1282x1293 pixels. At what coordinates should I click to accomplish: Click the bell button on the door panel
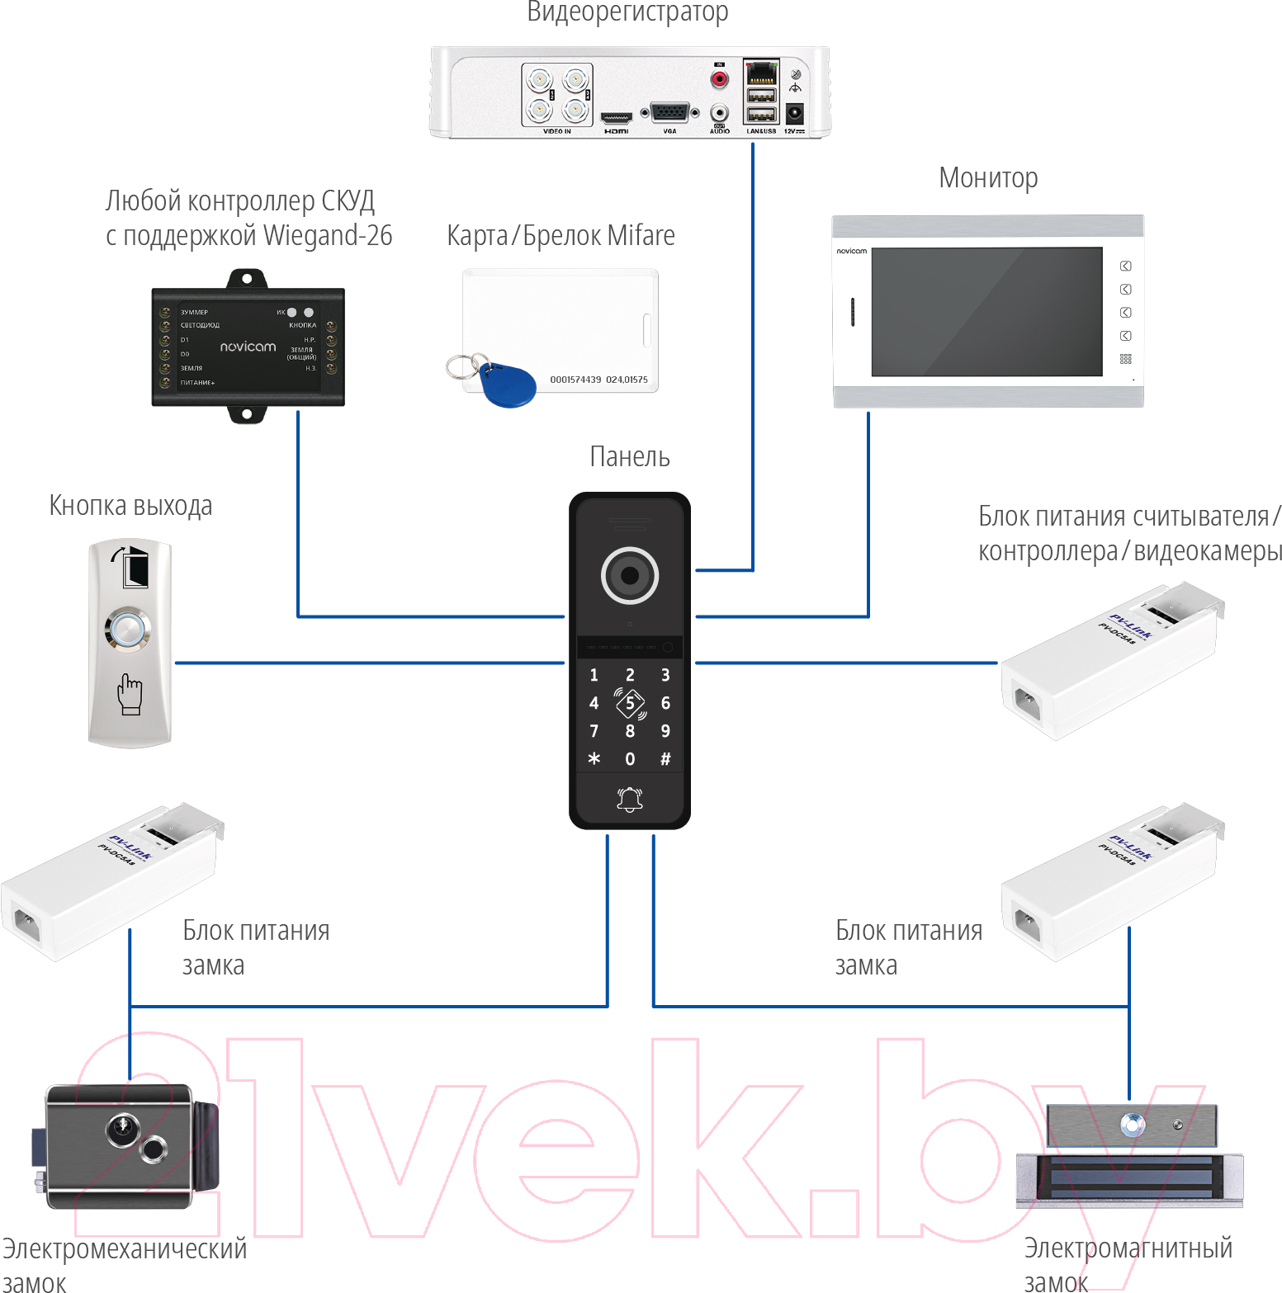630,799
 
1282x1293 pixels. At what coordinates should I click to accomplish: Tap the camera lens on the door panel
630,575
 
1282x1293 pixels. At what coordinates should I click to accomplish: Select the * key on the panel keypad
594,758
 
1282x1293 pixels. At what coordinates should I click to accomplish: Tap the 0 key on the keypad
630,759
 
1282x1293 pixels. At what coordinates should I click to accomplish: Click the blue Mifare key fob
506,384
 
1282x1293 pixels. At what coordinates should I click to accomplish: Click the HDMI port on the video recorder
616,118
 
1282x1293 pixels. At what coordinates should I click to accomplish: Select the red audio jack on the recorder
720,80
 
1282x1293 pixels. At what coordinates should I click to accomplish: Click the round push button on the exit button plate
128,630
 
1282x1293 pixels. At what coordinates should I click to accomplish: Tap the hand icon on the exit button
130,693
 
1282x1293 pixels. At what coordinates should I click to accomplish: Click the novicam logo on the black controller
248,347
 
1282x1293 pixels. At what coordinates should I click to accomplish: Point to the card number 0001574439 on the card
575,380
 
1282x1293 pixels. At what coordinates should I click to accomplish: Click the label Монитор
988,178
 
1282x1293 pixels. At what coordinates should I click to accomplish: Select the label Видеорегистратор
627,12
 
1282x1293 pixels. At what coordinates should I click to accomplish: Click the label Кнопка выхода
130,505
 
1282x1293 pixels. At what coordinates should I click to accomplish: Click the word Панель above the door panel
629,456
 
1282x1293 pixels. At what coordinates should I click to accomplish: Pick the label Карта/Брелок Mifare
561,236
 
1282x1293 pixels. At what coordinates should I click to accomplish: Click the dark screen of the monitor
986,312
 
